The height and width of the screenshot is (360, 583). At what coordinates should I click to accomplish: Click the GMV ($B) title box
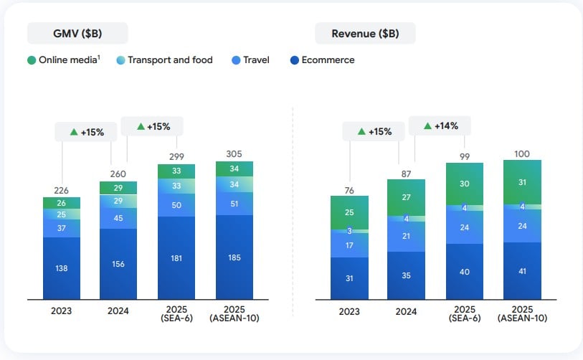pos(77,33)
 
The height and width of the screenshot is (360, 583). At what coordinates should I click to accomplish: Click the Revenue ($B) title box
pos(366,33)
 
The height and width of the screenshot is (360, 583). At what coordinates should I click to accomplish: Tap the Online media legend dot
pos(32,60)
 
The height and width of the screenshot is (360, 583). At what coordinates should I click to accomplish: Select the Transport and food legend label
pos(170,60)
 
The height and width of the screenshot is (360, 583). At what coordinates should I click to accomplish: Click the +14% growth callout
pos(440,126)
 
